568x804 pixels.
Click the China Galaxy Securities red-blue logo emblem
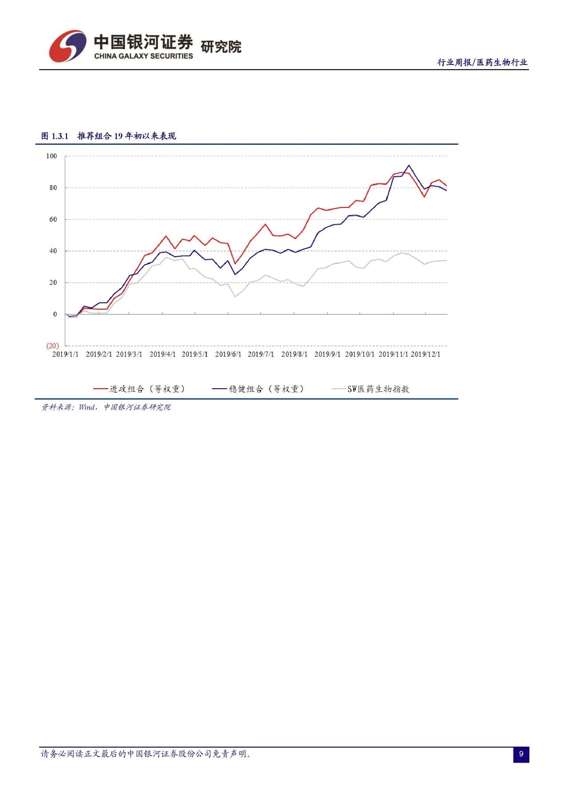coord(67,46)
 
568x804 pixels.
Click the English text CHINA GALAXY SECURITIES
coord(143,56)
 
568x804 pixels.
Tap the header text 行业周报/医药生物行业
coord(482,63)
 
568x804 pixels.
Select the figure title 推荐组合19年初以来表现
coord(126,136)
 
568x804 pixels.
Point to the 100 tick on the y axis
coord(51,156)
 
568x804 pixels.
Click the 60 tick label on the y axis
coord(53,219)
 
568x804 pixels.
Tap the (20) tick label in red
coord(52,346)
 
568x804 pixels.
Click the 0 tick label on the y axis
coord(55,314)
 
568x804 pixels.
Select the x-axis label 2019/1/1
coord(65,354)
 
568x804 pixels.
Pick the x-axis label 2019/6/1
coord(228,354)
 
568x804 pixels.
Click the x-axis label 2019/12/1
coord(425,354)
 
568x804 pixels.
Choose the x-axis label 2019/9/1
coord(327,354)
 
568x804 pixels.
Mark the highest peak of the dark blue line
coord(409,165)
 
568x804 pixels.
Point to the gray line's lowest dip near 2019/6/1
coord(235,296)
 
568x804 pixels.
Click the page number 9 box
coord(521,754)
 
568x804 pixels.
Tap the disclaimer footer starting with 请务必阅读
coord(146,754)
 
